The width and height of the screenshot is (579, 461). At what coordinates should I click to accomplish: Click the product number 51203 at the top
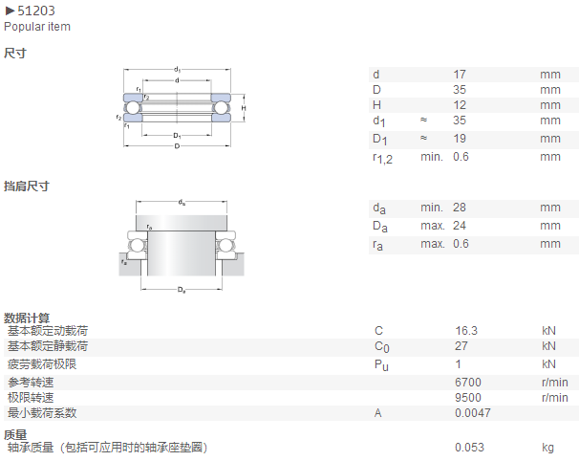tap(36, 11)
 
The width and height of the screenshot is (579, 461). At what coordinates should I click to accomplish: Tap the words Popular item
tap(37, 27)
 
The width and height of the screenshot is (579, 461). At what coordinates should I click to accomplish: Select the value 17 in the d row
tap(460, 75)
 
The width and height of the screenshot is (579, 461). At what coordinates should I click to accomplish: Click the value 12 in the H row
tap(460, 105)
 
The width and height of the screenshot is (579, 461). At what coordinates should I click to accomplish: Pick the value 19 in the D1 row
tap(460, 139)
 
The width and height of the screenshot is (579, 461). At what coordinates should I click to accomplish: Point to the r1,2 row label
tap(382, 158)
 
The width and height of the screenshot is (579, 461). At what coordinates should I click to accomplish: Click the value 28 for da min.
tap(460, 207)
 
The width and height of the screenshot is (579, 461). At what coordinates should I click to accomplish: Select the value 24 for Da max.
tap(460, 225)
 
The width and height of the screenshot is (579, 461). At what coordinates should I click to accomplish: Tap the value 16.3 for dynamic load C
tap(466, 331)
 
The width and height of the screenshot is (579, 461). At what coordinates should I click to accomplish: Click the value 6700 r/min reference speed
tap(468, 382)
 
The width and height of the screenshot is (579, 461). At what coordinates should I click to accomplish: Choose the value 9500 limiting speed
tap(468, 398)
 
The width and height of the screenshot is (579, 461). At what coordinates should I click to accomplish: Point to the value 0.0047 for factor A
tap(473, 412)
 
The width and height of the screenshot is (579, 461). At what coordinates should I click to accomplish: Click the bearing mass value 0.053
tap(469, 448)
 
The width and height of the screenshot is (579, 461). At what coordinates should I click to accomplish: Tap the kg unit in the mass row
tap(548, 448)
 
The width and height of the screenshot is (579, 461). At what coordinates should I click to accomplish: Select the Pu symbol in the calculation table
tap(381, 365)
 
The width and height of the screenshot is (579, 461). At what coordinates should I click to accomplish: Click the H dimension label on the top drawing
tap(244, 108)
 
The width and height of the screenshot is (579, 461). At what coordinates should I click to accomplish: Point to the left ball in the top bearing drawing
tap(133, 107)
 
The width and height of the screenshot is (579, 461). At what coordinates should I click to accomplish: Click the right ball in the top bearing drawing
tap(221, 107)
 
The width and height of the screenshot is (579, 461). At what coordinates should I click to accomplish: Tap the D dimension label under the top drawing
tap(177, 146)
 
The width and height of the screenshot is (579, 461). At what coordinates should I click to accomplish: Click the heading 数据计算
tap(27, 318)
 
